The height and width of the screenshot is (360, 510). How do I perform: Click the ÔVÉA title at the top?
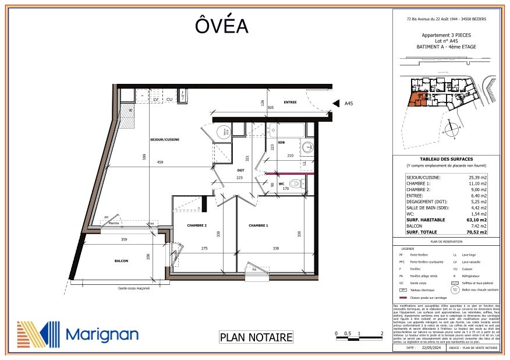(x=221, y=27)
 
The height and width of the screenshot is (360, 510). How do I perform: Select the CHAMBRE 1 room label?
(x=259, y=225)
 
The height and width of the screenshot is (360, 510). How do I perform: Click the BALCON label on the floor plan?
(x=121, y=261)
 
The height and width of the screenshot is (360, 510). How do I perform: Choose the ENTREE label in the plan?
(x=291, y=103)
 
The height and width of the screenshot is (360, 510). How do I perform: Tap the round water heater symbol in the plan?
(x=223, y=133)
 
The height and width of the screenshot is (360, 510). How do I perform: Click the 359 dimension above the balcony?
(x=124, y=239)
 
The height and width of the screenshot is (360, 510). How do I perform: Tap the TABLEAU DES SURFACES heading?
(x=446, y=159)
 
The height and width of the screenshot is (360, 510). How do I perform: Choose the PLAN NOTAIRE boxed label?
(x=256, y=337)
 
